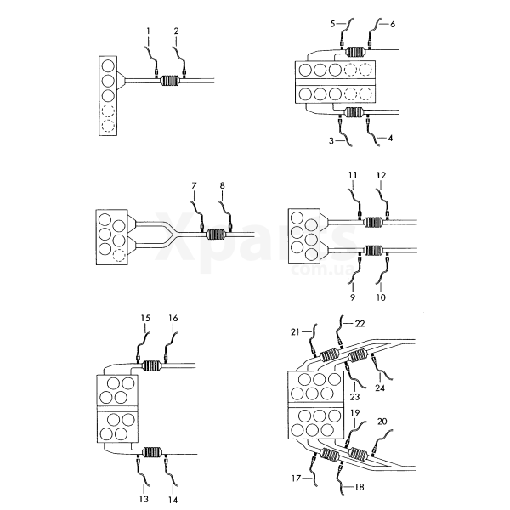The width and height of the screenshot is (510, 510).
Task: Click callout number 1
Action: coord(148,31)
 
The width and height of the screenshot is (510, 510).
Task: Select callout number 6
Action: coord(393,24)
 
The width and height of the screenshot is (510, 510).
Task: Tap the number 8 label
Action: coord(222,185)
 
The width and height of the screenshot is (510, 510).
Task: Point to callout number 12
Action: coord(381,175)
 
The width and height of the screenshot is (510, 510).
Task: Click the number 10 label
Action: coord(381,297)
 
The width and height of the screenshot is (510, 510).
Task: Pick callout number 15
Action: coord(145,318)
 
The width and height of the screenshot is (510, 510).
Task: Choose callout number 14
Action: coord(173,500)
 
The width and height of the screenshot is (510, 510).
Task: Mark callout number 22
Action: coord(360,324)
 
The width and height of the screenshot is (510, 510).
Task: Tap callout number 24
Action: coord(380,388)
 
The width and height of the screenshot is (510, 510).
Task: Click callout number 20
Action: coord(382,422)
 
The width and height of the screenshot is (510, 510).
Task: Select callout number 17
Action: coord(296,479)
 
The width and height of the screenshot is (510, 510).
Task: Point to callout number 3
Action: coord(331,141)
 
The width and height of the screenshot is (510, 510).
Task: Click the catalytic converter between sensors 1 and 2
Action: coord(170,81)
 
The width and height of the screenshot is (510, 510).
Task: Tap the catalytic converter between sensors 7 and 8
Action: coord(216,235)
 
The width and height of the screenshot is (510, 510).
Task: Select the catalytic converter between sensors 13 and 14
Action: coord(152,452)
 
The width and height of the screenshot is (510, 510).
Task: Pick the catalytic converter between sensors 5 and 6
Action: coord(355,52)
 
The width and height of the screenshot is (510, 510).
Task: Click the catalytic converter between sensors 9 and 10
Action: coord(373,251)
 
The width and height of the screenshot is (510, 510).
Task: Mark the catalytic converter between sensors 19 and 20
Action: coord(358,454)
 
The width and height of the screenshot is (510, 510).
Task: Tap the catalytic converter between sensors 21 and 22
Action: coord(330,354)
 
